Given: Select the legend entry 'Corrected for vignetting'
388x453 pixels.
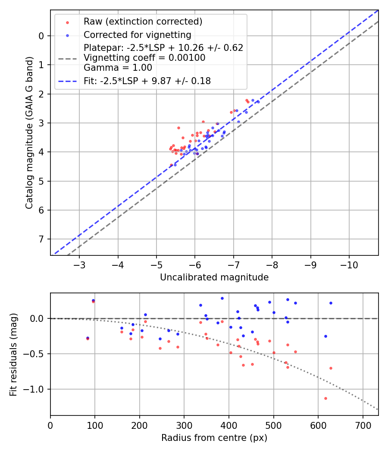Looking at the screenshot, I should coord(137,35).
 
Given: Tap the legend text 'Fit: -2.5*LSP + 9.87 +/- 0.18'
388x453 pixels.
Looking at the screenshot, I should coord(147,81).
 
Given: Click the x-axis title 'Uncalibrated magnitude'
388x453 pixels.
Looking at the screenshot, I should coord(214,277).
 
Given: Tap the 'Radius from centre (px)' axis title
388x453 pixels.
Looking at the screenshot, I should coord(214,438).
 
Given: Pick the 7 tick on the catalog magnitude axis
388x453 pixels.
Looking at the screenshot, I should coord(41,239).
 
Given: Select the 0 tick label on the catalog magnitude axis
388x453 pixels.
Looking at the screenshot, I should coord(41,36).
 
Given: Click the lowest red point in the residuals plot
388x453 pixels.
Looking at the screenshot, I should coord(325,398).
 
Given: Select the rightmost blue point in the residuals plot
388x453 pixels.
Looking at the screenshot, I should coord(331,303).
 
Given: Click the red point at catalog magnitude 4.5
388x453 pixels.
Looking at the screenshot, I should coord(171,165).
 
